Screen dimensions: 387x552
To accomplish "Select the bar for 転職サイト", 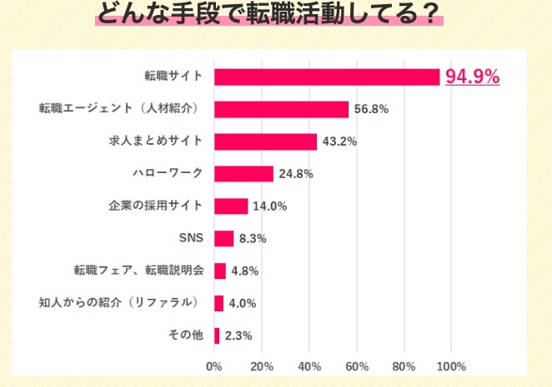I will pos(327,77).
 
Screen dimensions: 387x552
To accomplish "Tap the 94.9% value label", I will pos(472,77).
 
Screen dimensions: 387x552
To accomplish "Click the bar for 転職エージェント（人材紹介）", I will pos(281,109).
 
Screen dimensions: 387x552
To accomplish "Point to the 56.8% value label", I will pos(372,109).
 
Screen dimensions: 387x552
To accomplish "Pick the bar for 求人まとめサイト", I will pos(265,141).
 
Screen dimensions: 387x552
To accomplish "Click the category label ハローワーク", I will pos(168,174).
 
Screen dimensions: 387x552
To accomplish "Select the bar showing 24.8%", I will pos(243,174).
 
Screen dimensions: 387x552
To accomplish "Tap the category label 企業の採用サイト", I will pos(156,206).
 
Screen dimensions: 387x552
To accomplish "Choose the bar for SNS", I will pos(223,239).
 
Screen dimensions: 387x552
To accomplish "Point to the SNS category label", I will pos(191,239).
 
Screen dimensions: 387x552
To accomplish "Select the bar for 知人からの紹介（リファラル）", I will pos(218,303).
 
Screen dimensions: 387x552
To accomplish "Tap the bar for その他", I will pos(217,335).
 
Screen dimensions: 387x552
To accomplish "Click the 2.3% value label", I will pos(238,336).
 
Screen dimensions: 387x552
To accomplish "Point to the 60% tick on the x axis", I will pos(357,366).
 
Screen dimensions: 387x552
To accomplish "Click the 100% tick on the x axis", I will pos(451,366).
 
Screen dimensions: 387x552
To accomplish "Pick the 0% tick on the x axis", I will pos(214,366).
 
